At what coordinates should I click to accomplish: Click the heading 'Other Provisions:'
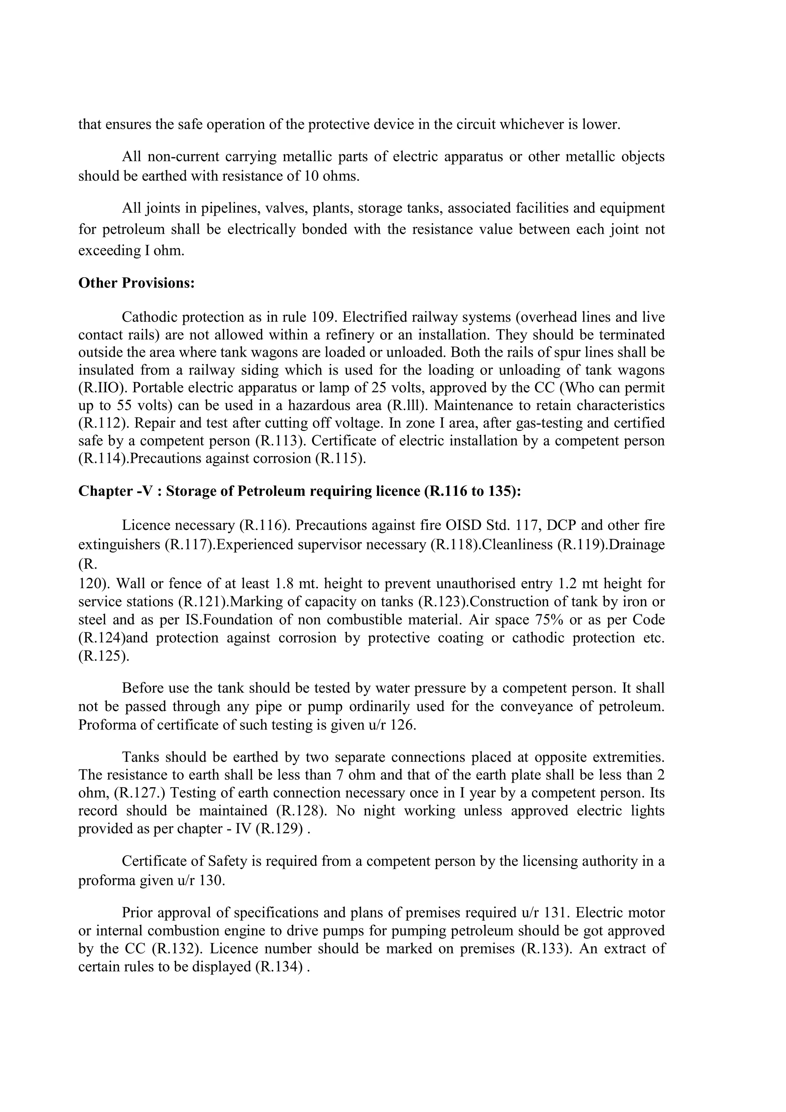coord(136,283)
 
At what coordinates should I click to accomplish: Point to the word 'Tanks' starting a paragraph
coord(140,757)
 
